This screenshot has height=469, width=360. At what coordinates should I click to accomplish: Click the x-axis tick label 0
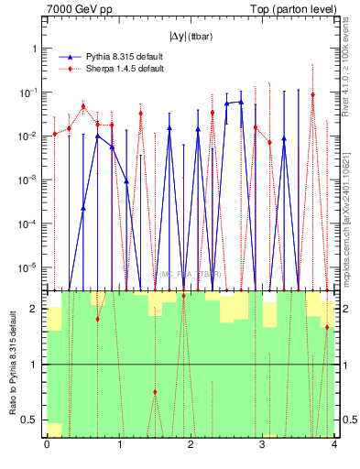point(47,446)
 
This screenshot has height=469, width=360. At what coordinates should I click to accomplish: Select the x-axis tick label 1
point(118,446)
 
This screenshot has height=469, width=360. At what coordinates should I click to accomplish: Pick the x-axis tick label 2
point(191,446)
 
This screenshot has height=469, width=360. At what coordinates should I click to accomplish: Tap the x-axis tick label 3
point(262,446)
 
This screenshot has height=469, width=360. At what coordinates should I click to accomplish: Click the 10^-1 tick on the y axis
point(28,93)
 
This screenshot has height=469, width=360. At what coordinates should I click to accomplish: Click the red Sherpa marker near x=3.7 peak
point(312,94)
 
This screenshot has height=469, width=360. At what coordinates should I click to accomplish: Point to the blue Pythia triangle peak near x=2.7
point(241,102)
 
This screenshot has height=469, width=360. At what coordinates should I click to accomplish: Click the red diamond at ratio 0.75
point(155,392)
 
